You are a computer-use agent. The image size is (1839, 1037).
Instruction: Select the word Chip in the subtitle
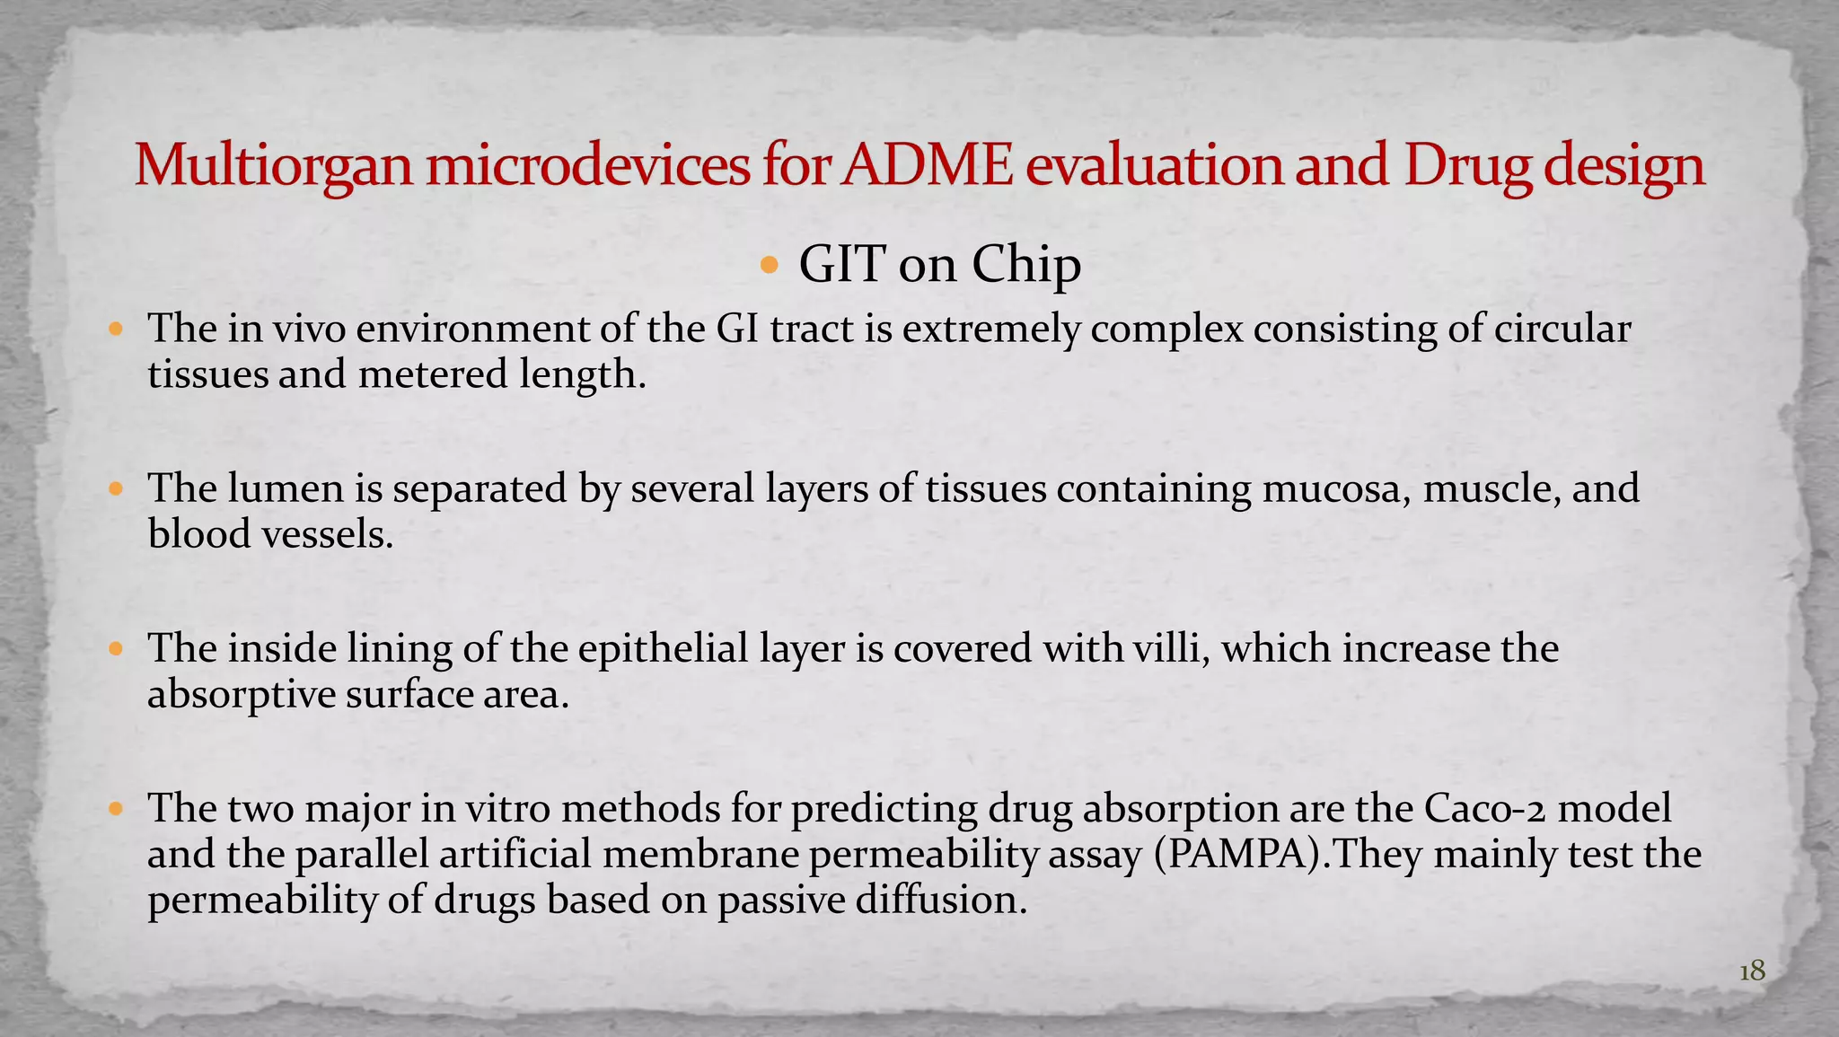[1026, 264]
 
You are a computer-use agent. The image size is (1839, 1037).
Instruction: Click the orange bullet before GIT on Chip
[770, 265]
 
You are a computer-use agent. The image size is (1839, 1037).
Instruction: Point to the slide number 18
[1752, 971]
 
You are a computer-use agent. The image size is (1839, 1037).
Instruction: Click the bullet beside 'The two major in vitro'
[115, 809]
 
